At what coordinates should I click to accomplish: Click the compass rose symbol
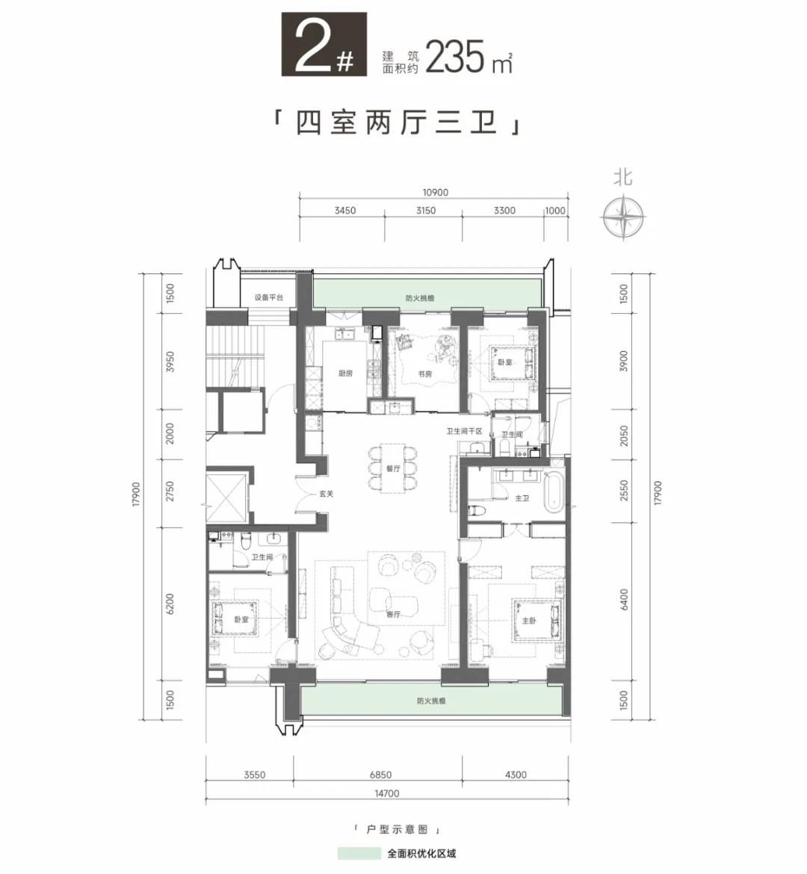click(623, 216)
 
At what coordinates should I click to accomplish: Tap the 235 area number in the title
click(454, 57)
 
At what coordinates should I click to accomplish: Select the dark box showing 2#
click(324, 45)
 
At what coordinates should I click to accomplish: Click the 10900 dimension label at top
click(435, 192)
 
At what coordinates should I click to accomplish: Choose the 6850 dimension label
click(380, 774)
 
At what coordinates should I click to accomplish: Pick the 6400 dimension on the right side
click(623, 599)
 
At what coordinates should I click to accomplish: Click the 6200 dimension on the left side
click(170, 604)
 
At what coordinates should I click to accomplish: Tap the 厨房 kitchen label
click(346, 374)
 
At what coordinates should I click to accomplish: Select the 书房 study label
click(425, 374)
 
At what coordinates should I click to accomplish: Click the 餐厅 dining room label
click(393, 469)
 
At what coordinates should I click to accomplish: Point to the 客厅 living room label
click(393, 614)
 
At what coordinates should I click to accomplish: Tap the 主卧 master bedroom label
click(529, 620)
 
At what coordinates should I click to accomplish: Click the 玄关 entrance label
click(327, 493)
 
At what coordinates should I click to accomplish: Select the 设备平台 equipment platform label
click(269, 297)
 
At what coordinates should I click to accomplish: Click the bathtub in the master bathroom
click(555, 492)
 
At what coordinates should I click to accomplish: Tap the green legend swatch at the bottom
click(359, 853)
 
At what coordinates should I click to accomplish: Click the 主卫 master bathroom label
click(522, 498)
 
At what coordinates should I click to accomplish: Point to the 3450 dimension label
click(345, 211)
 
